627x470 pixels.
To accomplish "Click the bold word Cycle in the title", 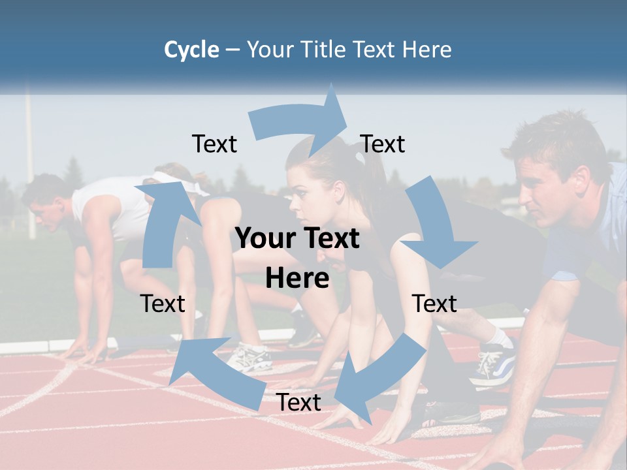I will coord(191,50).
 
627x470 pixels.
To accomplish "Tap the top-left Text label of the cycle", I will coord(214,144).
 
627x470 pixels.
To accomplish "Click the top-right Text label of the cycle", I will coord(383,144).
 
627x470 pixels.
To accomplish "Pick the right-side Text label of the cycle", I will coord(434,304).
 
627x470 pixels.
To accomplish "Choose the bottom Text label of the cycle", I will coord(298,402).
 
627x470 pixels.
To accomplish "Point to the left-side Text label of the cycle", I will coord(163,304).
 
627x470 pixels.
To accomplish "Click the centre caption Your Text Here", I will coord(298,258).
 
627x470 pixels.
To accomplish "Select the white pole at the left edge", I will coord(29,163).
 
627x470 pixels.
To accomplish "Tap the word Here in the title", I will coord(426,50).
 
